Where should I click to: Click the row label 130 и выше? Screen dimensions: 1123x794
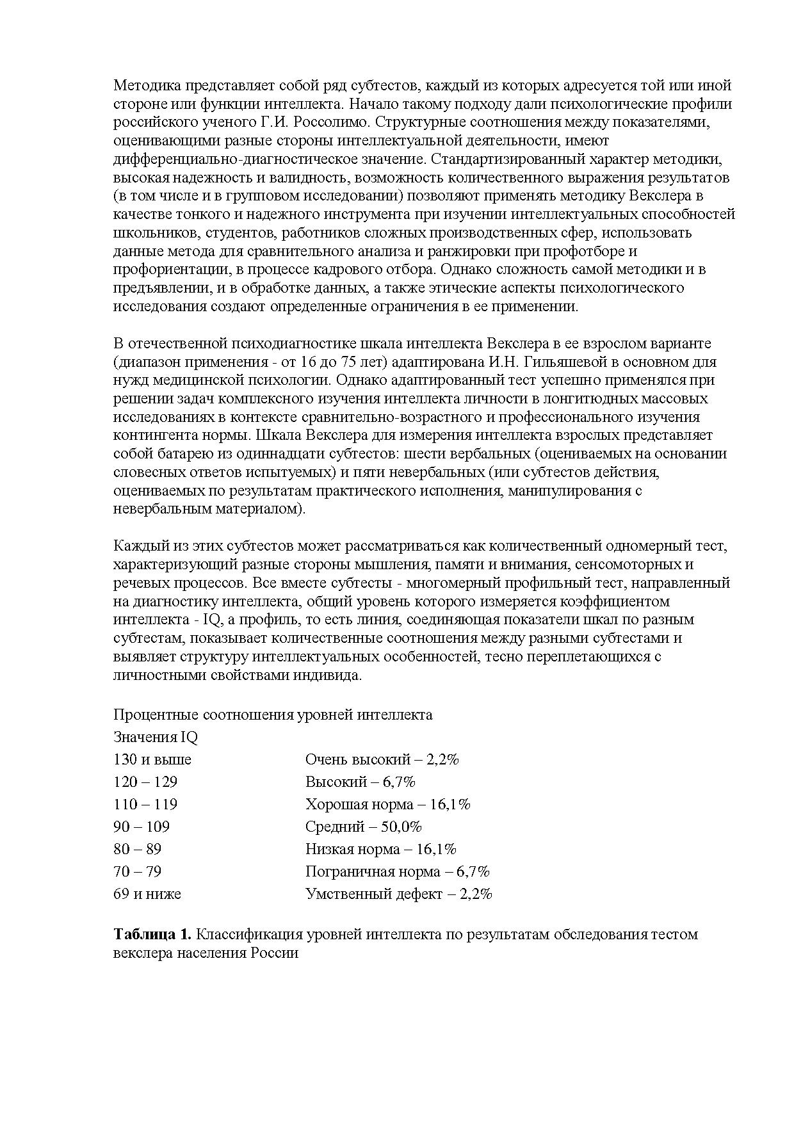pyautogui.click(x=152, y=759)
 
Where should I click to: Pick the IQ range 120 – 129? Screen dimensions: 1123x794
pyautogui.click(x=145, y=782)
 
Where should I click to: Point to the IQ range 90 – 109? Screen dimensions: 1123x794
pyautogui.click(x=142, y=827)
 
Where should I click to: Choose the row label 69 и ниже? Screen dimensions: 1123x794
pyautogui.click(x=147, y=894)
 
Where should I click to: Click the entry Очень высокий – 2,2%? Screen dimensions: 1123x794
pyautogui.click(x=382, y=759)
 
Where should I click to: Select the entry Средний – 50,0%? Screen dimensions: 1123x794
pyautogui.click(x=364, y=827)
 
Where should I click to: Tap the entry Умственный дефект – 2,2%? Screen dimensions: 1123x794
pyautogui.click(x=399, y=894)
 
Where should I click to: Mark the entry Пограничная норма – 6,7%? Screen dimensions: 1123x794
pyautogui.click(x=398, y=871)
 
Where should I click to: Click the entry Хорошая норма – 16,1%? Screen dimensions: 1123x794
pyautogui.click(x=388, y=804)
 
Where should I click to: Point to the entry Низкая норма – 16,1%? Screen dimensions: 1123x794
pyautogui.click(x=381, y=849)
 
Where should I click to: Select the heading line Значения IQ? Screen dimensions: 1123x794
pyautogui.click(x=156, y=737)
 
